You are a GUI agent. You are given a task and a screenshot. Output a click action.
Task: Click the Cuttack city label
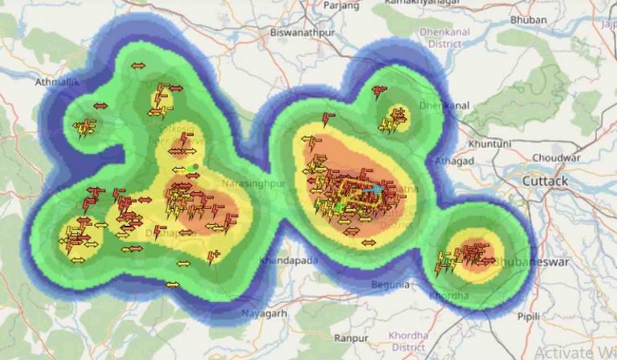click(545, 182)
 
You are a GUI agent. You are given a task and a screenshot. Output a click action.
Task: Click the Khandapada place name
click(289, 260)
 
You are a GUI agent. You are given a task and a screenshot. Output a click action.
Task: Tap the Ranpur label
click(352, 338)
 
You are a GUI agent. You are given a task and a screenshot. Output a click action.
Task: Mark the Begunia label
click(390, 284)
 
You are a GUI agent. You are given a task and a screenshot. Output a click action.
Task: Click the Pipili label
click(528, 317)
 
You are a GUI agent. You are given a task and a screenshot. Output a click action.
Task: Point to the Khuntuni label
click(490, 143)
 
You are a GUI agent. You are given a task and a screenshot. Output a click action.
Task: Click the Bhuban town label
click(551, 18)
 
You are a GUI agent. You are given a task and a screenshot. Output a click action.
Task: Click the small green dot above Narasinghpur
click(194, 167)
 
